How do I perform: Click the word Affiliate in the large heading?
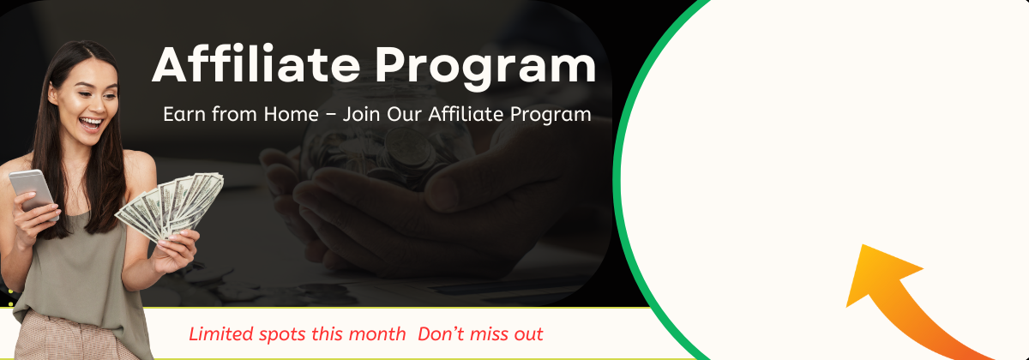pos(256,64)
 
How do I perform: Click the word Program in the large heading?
pos(485,68)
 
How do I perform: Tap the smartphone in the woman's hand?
pos(33,192)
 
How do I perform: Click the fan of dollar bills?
pos(170,204)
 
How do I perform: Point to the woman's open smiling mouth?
pos(91,123)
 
